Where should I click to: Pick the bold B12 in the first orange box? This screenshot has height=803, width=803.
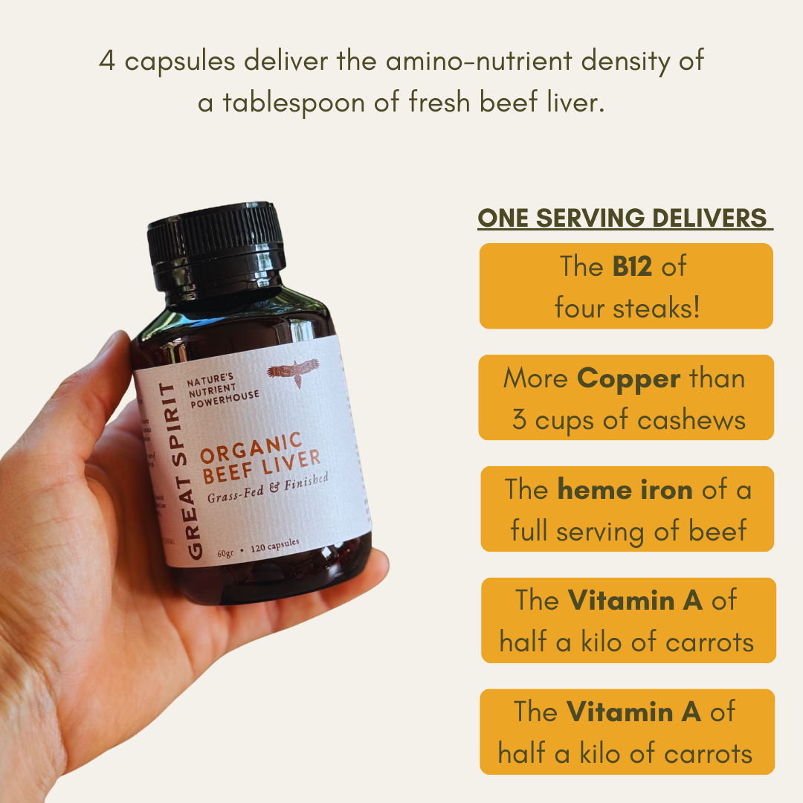(633, 266)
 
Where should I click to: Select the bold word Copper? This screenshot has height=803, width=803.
(628, 378)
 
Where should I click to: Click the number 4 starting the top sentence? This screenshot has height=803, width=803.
(107, 61)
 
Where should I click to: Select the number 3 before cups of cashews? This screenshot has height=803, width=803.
(520, 420)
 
